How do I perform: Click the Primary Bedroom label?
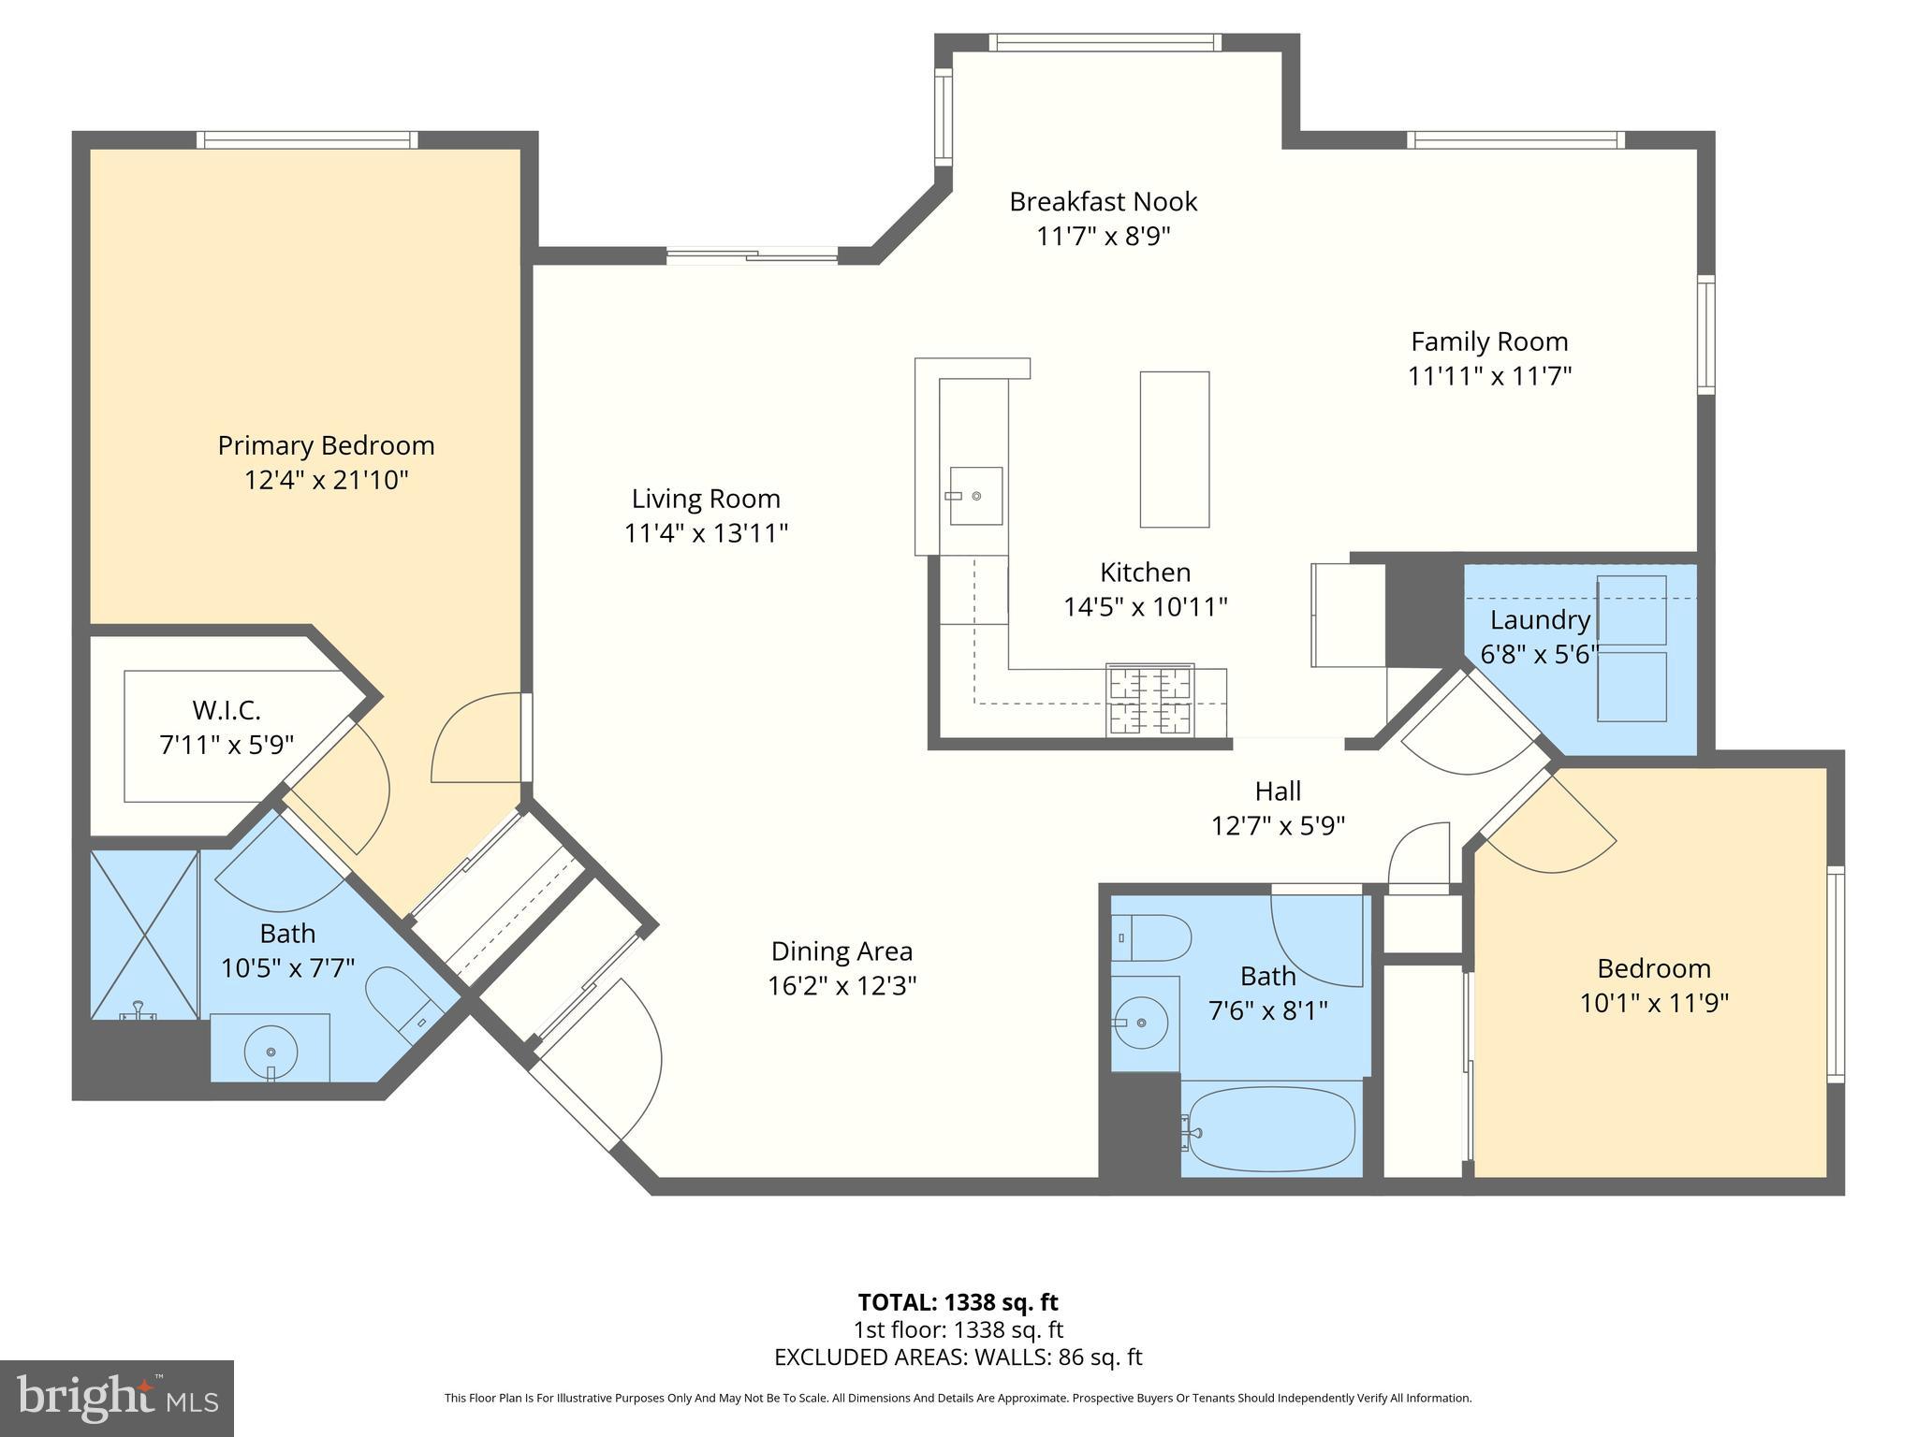pyautogui.click(x=326, y=445)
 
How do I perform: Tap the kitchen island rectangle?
pyautogui.click(x=1174, y=449)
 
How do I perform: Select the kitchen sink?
pyautogui.click(x=975, y=496)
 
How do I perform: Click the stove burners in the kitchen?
pyautogui.click(x=1150, y=700)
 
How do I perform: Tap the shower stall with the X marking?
pyautogui.click(x=144, y=934)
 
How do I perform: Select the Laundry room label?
pyautogui.click(x=1540, y=619)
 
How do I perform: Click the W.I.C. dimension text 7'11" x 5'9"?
pyautogui.click(x=227, y=746)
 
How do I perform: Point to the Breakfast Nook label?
pyautogui.click(x=1103, y=201)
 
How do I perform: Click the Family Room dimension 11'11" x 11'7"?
pyautogui.click(x=1489, y=376)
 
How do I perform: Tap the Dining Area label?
pyautogui.click(x=841, y=951)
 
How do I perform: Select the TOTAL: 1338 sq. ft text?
pyautogui.click(x=958, y=1302)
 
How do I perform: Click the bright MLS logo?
pyautogui.click(x=116, y=1399)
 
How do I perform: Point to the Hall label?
pyautogui.click(x=1278, y=791)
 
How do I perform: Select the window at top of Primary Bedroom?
pyautogui.click(x=307, y=139)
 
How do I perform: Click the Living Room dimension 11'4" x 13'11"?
pyautogui.click(x=706, y=533)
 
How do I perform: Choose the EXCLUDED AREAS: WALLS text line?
pyautogui.click(x=958, y=1357)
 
